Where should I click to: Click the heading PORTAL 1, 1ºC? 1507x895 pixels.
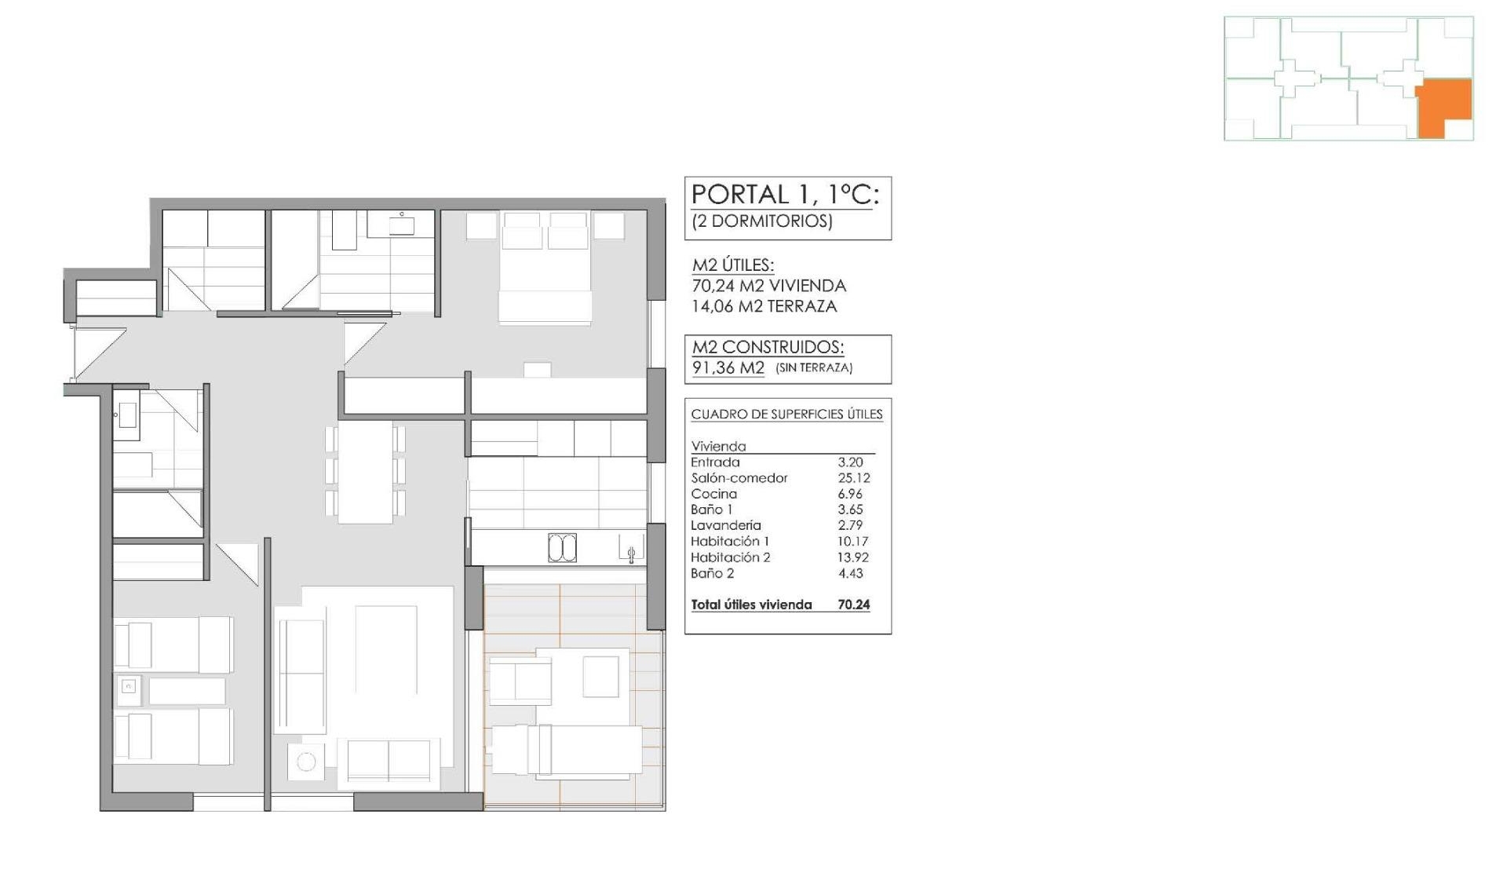point(785,195)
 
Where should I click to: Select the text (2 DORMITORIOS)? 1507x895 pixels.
point(761,221)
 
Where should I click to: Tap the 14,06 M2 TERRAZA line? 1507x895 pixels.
point(764,306)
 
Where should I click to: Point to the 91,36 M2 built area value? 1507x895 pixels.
point(728,367)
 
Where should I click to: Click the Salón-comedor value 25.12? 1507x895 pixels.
point(853,478)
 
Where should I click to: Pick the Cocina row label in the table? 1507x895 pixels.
point(713,494)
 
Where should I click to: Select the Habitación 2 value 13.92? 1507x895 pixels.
point(852,557)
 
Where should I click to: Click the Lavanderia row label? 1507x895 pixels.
point(725,525)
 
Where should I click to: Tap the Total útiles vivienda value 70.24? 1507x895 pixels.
point(853,605)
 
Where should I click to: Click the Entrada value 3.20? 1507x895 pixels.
point(850,462)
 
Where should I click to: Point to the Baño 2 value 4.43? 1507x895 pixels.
point(850,573)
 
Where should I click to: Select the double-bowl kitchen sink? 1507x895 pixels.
point(562,548)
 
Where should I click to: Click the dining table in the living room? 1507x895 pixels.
point(365,472)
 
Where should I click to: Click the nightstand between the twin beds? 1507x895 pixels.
point(130,688)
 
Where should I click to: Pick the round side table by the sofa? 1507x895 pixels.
point(306,761)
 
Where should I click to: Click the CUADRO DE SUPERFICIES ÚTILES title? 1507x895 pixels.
point(786,415)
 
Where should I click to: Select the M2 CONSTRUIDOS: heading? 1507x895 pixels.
point(767,347)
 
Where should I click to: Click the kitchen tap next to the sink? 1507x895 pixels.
point(631,554)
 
